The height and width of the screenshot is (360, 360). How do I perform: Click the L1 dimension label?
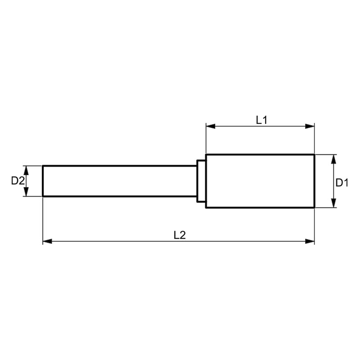tap(262, 120)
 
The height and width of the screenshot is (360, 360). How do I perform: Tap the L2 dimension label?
tap(180, 235)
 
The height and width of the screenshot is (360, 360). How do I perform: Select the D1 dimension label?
tap(342, 183)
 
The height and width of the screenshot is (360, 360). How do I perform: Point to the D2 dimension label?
tap(18, 181)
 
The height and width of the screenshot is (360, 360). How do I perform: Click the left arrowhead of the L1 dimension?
tap(211, 126)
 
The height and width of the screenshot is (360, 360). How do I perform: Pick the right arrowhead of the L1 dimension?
tap(310, 126)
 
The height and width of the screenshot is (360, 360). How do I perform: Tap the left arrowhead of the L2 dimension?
tap(47, 241)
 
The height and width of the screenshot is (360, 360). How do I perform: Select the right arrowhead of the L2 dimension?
tap(310, 241)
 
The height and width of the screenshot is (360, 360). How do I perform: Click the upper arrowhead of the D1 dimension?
tap(334, 159)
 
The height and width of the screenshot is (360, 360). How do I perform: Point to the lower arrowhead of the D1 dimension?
tap(334, 203)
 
